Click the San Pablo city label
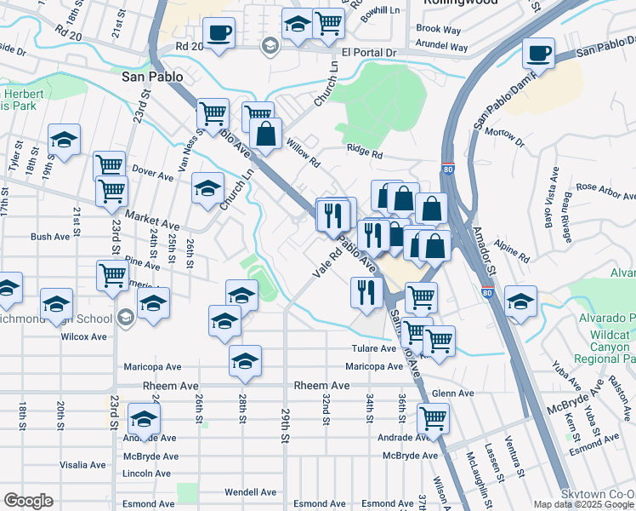point(150,76)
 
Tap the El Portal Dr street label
point(369,53)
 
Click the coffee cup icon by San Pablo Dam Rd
point(537,55)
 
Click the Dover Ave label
point(153,173)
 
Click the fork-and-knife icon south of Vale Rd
point(366,292)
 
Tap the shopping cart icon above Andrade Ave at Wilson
point(434,419)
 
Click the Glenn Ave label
point(452,393)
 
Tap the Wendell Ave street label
point(250,492)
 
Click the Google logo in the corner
point(28,501)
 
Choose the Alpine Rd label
point(513,255)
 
